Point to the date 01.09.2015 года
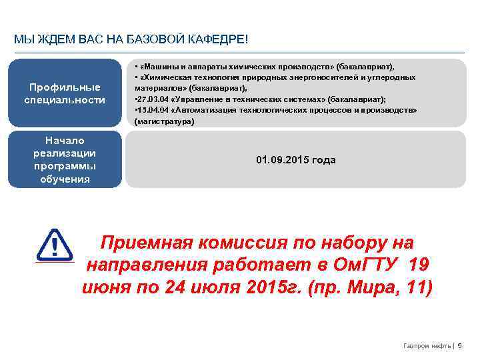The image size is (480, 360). pyautogui.click(x=296, y=160)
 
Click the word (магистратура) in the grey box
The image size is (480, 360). pyautogui.click(x=164, y=122)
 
